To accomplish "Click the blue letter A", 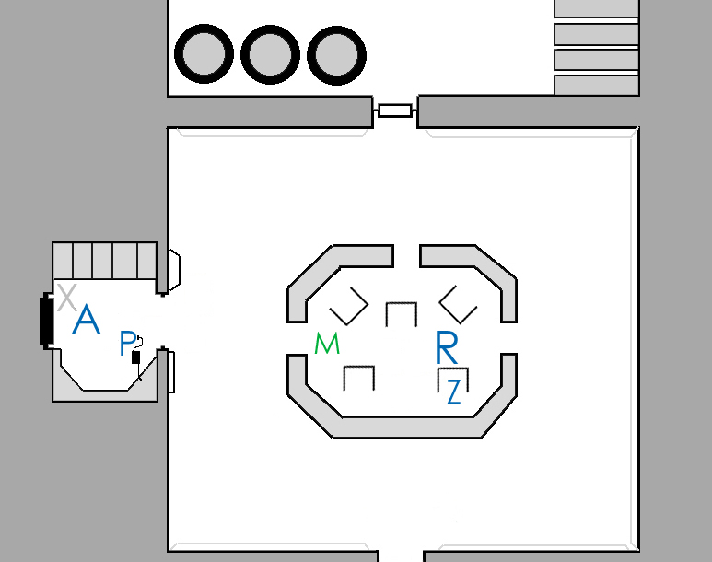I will click(86, 321).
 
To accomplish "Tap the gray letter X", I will click(65, 297).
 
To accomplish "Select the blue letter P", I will click(127, 344).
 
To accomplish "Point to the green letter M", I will click(327, 344).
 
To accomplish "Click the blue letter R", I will click(446, 347).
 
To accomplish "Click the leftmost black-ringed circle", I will click(203, 53).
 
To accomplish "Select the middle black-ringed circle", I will click(269, 53).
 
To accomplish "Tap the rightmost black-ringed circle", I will click(335, 53).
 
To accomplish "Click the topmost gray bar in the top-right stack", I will click(596, 8).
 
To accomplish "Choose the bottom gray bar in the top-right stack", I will click(596, 86).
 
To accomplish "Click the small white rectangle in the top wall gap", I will click(395, 111).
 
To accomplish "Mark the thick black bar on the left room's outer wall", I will click(45, 319).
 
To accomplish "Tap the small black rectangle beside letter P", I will click(136, 357).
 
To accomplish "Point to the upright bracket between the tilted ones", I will click(402, 314).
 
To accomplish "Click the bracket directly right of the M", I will click(359, 377).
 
